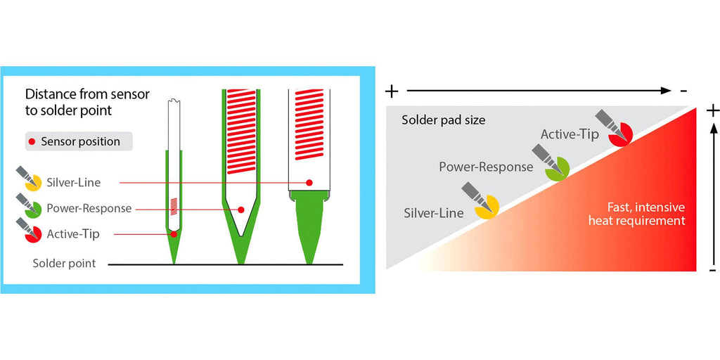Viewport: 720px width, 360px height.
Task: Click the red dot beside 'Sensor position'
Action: pos(32,141)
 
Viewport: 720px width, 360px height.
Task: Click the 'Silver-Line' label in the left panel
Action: pos(73,183)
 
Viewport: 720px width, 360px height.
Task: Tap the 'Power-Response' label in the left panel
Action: pos(89,208)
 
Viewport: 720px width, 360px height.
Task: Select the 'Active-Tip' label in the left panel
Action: pos(72,233)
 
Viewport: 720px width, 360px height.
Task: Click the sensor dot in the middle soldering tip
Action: pos(240,209)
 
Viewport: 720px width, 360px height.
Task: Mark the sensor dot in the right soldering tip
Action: pos(309,183)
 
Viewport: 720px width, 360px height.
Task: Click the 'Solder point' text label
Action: pos(64,264)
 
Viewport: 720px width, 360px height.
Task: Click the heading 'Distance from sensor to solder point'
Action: pos(87,102)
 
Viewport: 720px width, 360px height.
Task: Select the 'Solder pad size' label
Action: pos(443,120)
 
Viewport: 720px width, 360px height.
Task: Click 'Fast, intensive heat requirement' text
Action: pos(636,214)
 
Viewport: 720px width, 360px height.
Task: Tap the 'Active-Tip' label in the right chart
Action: pos(570,134)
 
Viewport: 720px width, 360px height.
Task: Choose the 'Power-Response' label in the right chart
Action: pos(486,167)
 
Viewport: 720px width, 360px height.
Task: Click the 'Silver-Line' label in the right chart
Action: pos(434,212)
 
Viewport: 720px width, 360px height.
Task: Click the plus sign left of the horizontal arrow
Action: pos(392,91)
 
